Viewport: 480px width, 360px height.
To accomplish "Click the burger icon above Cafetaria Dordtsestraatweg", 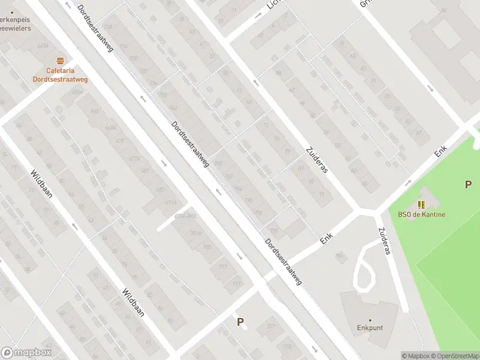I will [x=60, y=61].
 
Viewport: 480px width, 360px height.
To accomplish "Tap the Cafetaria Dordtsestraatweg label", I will [x=60, y=74].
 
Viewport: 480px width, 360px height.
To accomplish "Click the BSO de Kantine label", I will [x=421, y=215].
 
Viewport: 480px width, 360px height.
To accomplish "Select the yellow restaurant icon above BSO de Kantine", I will [x=421, y=205].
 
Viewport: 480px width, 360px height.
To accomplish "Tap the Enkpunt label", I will [x=370, y=328].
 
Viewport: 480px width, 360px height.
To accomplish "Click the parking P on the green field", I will [x=468, y=185].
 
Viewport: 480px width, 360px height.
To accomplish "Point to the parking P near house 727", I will [x=241, y=322].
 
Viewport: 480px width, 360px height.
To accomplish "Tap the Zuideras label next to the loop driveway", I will [x=383, y=241].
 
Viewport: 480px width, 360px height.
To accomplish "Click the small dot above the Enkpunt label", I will [x=370, y=320].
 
